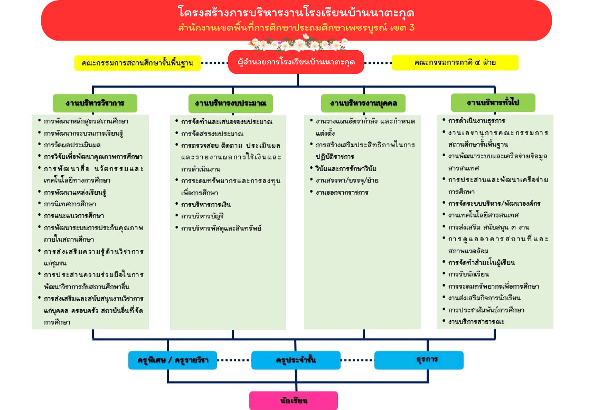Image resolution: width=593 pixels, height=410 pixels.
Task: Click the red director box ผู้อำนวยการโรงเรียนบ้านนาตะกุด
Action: point(296,62)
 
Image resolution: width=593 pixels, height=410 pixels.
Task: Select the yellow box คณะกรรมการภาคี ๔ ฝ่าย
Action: point(455,63)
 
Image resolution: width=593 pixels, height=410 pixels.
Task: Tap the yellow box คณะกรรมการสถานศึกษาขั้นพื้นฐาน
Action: point(137,63)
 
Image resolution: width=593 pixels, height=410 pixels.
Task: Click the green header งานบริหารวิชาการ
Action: point(95,103)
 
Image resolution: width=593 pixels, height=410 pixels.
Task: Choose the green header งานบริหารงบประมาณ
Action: point(230,103)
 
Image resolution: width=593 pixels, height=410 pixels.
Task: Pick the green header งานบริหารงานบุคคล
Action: point(363,103)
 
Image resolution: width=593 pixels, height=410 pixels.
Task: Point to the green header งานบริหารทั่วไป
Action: point(493,102)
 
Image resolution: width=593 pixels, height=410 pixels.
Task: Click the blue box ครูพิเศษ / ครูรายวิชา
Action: point(173,360)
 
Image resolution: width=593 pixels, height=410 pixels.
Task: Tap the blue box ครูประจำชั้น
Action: point(296,360)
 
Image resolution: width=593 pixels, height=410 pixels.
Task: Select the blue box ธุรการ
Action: point(419,360)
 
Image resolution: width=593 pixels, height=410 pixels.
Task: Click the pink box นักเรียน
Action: point(294,401)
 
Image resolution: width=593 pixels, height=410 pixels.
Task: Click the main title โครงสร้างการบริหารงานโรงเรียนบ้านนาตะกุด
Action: point(296,13)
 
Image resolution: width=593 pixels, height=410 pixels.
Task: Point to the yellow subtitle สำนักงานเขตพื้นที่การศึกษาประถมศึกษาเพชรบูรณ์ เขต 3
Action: point(296,27)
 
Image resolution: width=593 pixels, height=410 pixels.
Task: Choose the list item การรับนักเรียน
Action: point(468,274)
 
